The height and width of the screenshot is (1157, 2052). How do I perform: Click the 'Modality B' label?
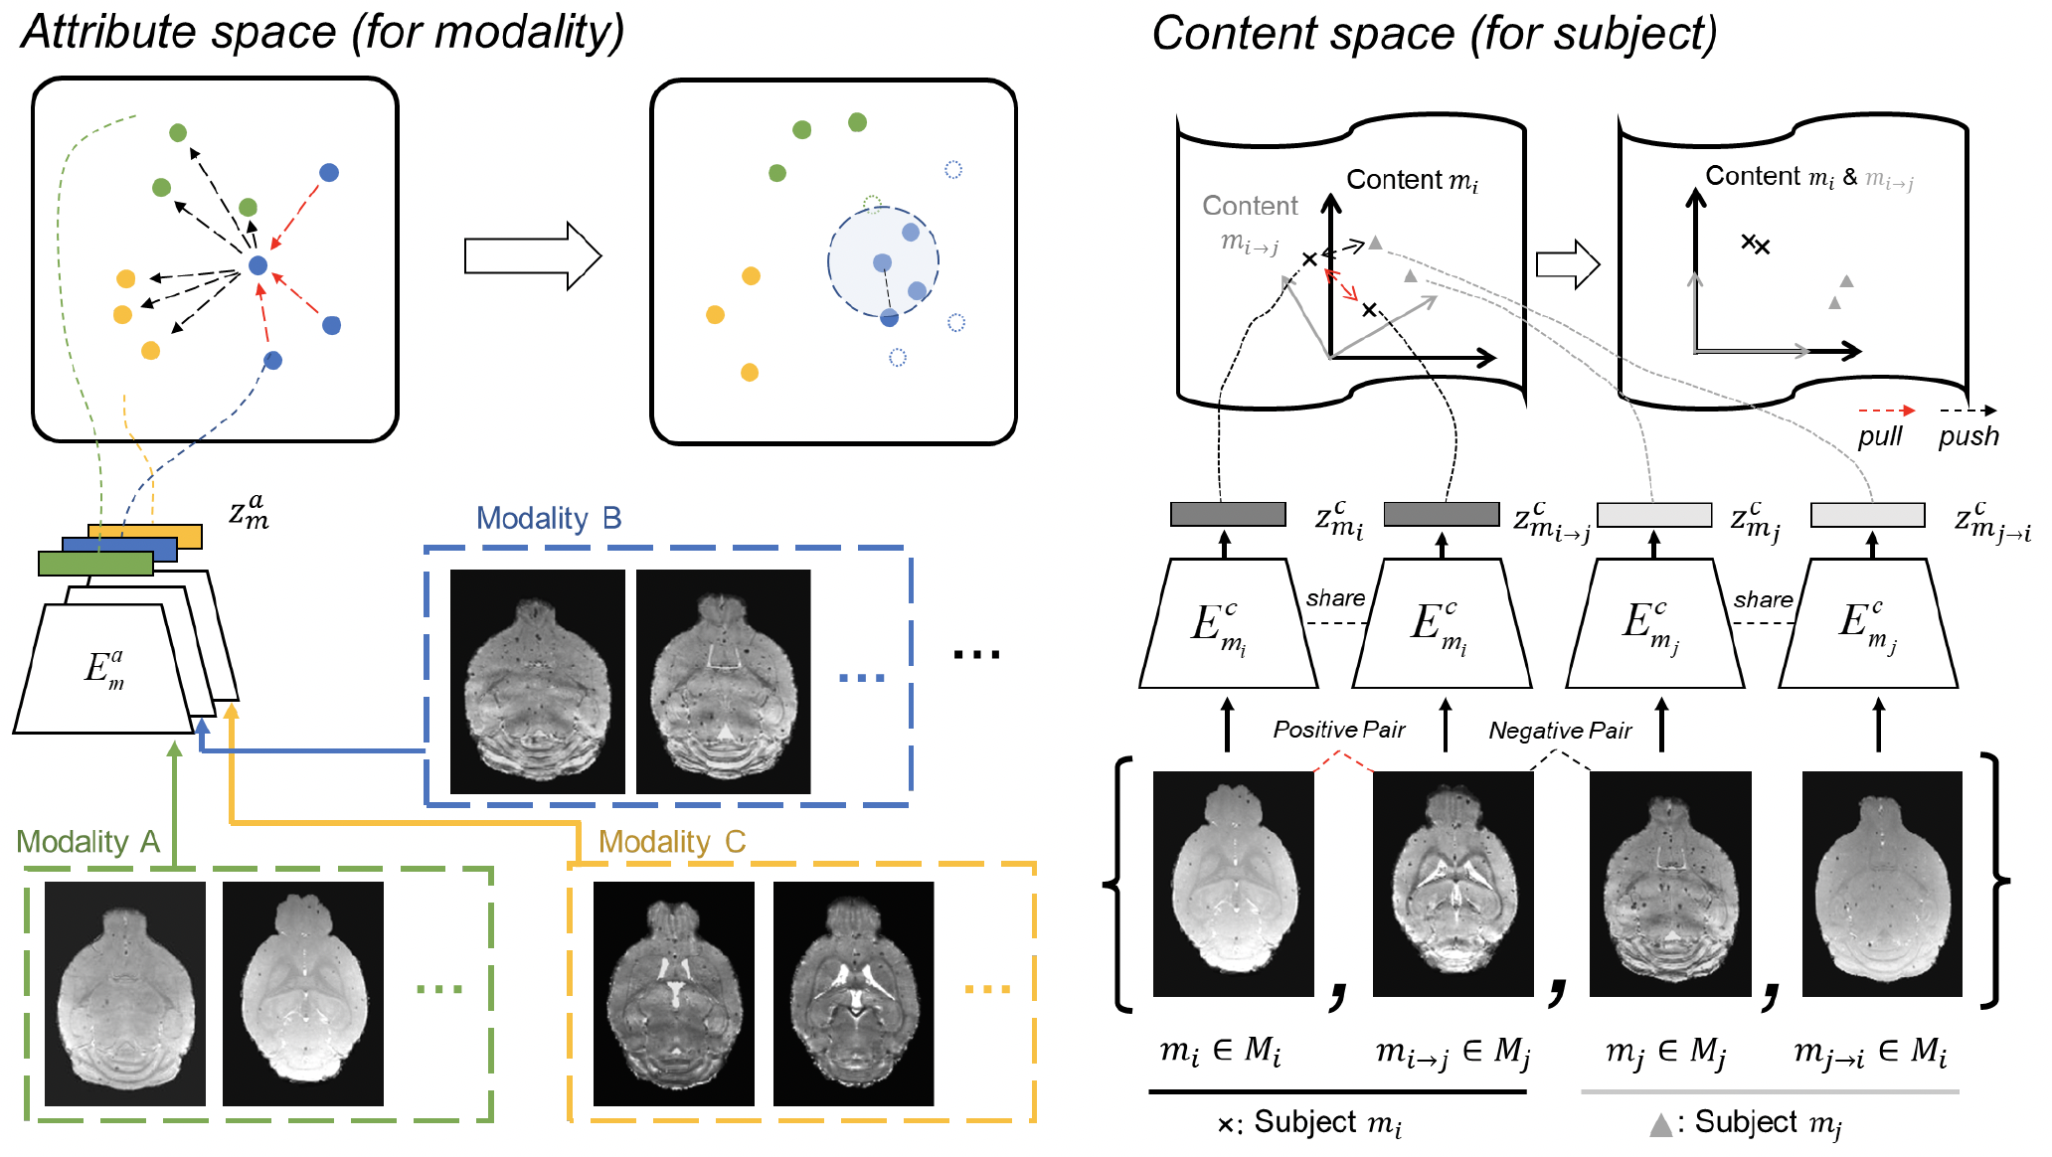pos(548,518)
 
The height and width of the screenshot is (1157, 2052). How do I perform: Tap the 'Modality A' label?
pos(87,842)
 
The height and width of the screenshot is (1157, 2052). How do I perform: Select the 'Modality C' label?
pos(671,842)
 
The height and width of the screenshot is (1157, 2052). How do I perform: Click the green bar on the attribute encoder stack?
pos(95,564)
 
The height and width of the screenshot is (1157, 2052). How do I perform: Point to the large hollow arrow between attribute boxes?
pos(533,256)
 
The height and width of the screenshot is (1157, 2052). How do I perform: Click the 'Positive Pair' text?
pos(1338,730)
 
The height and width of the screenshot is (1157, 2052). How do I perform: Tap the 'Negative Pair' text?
pos(1559,731)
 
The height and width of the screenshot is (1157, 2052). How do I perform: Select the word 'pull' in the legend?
pos(1879,436)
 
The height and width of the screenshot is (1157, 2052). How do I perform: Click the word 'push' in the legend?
pos(1967,436)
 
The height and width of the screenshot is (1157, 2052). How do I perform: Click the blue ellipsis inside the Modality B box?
pos(861,678)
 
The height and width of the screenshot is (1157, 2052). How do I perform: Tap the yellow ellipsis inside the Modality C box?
pos(987,989)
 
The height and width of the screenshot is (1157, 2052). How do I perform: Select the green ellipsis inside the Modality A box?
pos(439,989)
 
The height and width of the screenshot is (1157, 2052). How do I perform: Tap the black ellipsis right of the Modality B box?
pos(976,654)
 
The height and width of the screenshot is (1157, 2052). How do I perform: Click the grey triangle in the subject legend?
pos(1659,1125)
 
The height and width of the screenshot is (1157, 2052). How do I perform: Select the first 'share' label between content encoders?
pos(1334,598)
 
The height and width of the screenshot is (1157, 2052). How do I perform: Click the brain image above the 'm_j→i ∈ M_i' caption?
pos(1881,884)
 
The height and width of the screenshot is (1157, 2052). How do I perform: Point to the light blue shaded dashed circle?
pos(883,261)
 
